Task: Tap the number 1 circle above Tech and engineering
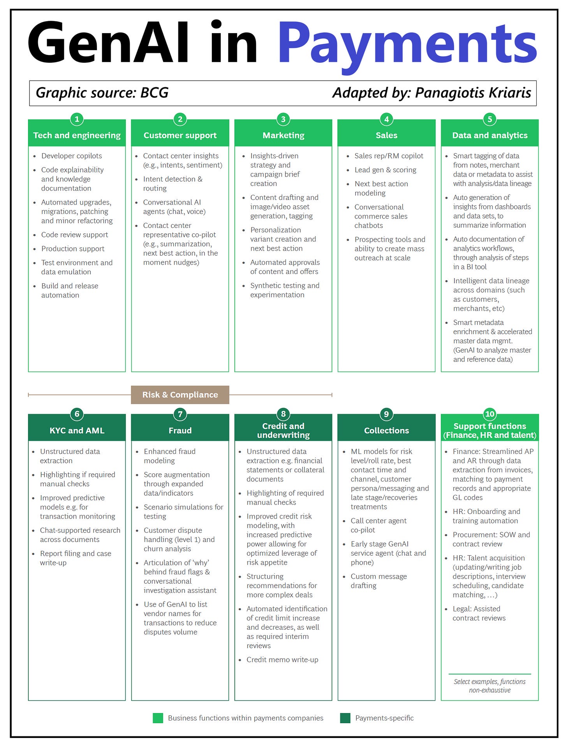77,119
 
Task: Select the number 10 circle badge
490,414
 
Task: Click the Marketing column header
283,135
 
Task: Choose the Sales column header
386,135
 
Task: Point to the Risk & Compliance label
180,395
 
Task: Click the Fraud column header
180,430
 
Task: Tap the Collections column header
386,430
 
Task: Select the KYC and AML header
77,430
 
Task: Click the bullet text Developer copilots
72,156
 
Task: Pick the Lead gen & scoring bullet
385,170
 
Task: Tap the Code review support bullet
75,235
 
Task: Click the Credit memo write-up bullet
282,660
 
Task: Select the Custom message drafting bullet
379,581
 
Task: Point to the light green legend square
158,718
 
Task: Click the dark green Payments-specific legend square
345,718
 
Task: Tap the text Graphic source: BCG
102,93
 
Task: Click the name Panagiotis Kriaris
473,93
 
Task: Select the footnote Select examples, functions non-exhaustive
490,686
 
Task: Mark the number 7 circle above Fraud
180,414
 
